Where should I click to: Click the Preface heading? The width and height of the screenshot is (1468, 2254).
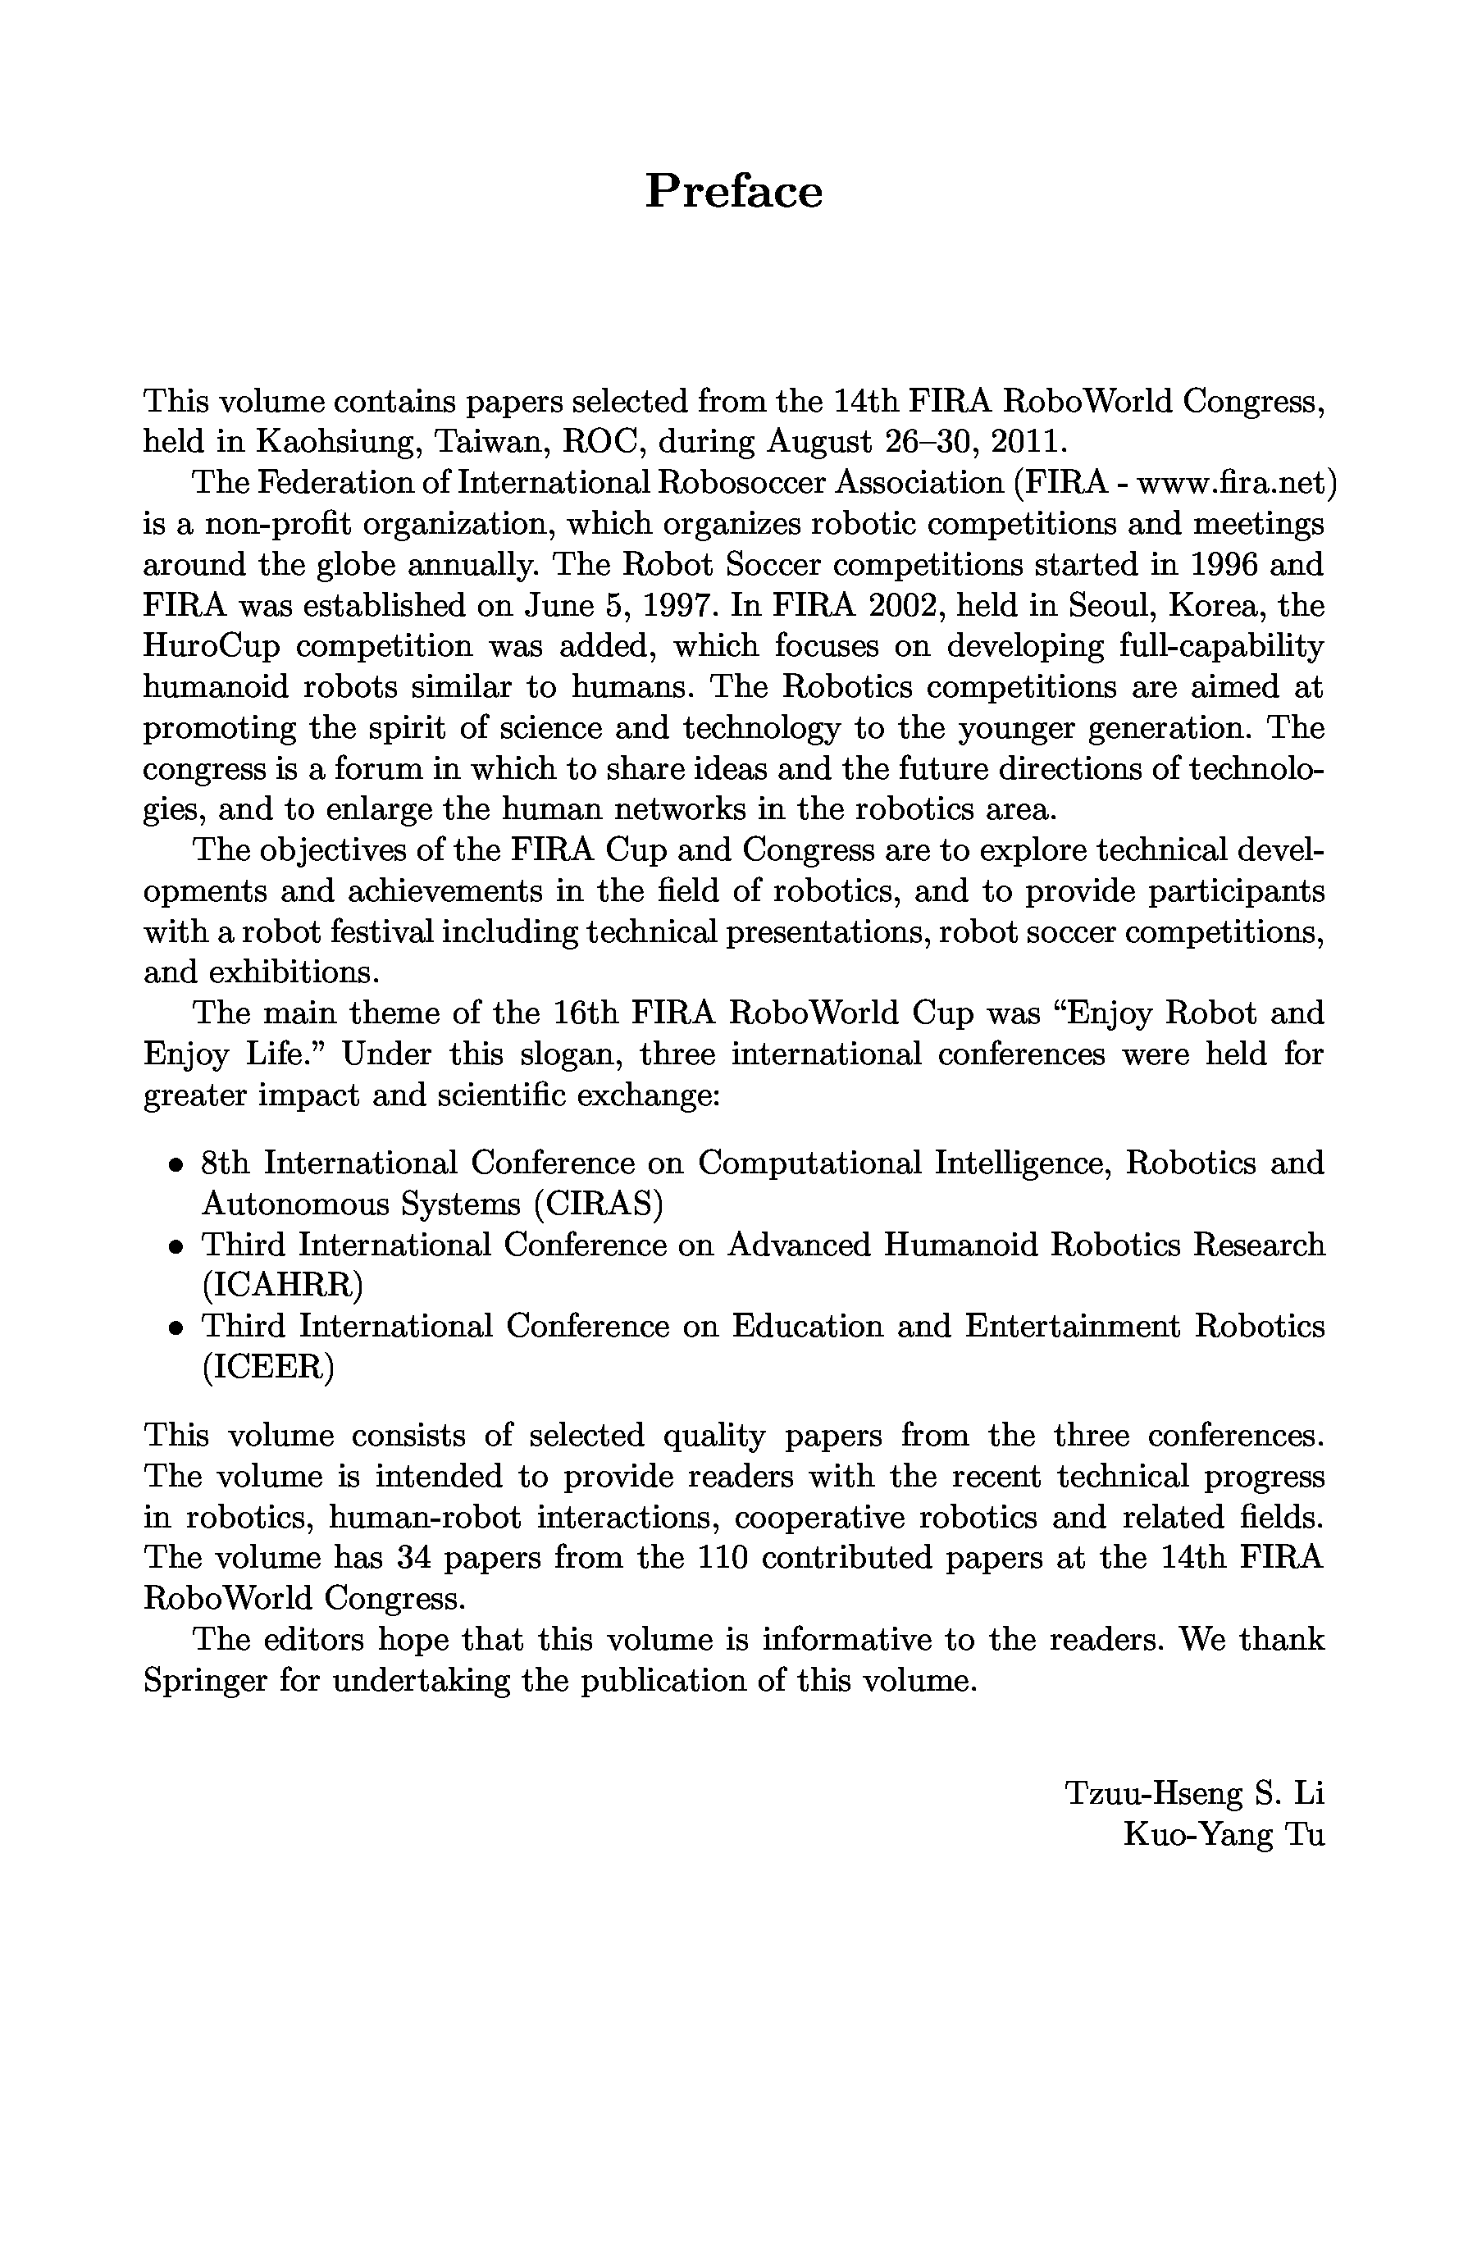733,191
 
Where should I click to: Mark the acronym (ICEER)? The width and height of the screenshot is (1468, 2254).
268,1367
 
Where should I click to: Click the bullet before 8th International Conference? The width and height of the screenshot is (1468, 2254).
176,1166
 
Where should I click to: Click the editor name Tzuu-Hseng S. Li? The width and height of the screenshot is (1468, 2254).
1195,1792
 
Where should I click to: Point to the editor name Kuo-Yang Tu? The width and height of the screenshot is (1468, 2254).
1223,1834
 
